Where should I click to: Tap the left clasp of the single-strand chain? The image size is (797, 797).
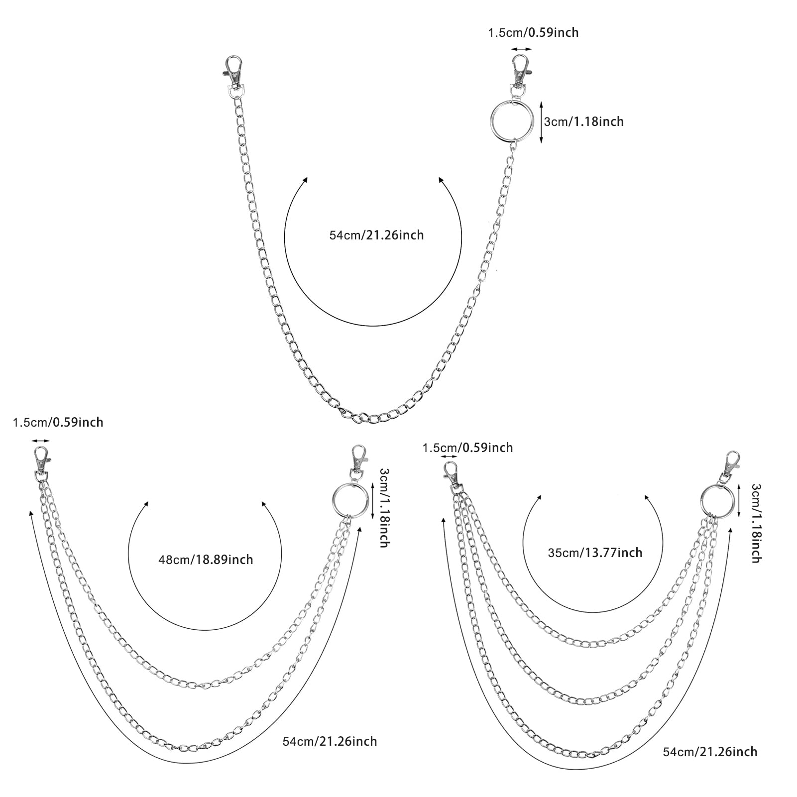click(x=232, y=74)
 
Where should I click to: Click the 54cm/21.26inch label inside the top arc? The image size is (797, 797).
click(x=376, y=235)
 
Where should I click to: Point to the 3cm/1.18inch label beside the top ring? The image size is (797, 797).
click(x=583, y=121)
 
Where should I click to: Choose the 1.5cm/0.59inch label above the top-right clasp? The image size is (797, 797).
click(x=533, y=33)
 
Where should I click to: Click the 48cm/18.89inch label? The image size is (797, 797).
click(x=206, y=560)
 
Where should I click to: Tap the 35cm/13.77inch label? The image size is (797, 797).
click(x=595, y=553)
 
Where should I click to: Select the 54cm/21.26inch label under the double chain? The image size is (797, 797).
click(x=330, y=741)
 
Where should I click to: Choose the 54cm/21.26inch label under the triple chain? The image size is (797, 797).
click(x=710, y=752)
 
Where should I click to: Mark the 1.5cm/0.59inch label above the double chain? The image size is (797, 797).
click(x=58, y=423)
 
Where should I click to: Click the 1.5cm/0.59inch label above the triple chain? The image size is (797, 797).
click(x=467, y=448)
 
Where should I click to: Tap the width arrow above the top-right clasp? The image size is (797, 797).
click(x=521, y=49)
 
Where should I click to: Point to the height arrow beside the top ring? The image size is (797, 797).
click(x=541, y=121)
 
